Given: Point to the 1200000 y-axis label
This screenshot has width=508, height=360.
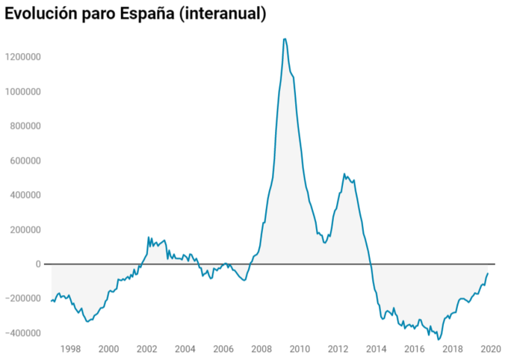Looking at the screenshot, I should tap(22, 57).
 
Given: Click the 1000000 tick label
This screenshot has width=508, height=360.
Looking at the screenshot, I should tap(22, 91).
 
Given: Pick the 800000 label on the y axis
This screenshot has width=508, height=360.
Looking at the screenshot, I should tap(24, 126).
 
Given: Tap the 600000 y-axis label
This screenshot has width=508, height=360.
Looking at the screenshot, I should tap(24, 161).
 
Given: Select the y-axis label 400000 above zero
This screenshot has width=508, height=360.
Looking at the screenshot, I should tap(24, 195).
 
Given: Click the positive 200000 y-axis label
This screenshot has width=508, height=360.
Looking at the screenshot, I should tap(24, 229).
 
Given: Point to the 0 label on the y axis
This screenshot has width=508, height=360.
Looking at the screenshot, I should tap(37, 264).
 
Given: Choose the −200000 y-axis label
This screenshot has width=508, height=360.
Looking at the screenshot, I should tap(22, 299).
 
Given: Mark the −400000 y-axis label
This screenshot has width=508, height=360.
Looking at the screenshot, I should tap(22, 333).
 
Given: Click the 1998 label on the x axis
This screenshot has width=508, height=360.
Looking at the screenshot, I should tap(70, 349).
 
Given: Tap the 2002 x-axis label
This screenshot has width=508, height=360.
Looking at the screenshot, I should tap(146, 349).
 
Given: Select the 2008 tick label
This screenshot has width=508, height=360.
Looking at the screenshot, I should tap(261, 349).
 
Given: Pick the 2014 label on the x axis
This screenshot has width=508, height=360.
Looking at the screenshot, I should tap(376, 349).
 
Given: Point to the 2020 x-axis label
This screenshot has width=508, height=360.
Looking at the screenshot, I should tap(491, 349).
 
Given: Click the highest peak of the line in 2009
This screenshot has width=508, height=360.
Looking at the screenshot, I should tap(285, 39).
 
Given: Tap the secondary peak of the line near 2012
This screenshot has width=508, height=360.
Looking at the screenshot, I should tap(344, 174).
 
